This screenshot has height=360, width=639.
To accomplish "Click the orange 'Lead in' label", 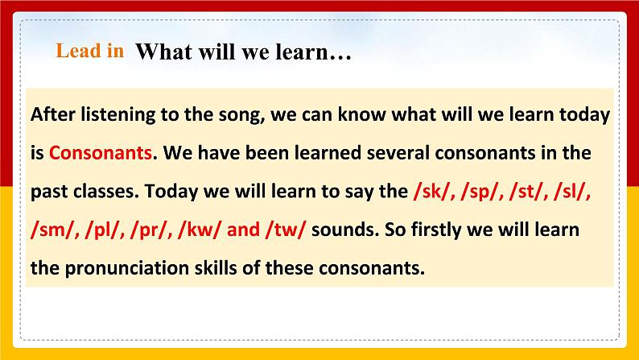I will (90, 51).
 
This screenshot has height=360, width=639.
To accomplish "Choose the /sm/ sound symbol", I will (49, 230).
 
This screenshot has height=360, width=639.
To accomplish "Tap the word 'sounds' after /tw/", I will (339, 230).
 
